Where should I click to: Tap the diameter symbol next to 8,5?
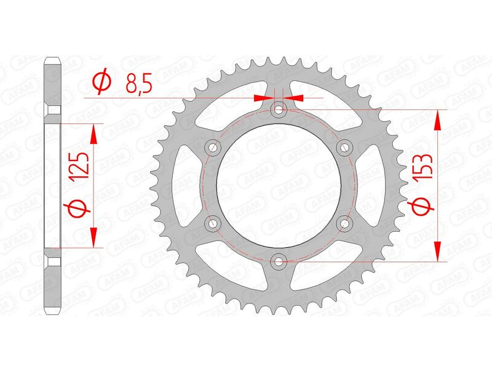[102, 82]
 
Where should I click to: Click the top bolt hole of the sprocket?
[279, 110]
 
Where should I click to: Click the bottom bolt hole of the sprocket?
[279, 261]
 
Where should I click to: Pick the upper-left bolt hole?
[214, 148]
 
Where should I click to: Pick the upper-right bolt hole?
[344, 148]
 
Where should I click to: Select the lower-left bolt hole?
[214, 223]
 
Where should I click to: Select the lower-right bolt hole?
[344, 223]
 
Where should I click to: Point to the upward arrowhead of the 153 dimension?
[438, 119]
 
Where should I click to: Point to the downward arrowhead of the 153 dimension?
[438, 251]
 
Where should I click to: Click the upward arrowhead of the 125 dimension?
[93, 133]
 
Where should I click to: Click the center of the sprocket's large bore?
[279, 185]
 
